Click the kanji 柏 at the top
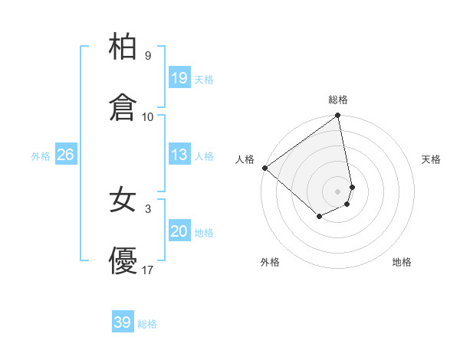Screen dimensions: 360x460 (x=123, y=47)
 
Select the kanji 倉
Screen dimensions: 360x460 (x=123, y=108)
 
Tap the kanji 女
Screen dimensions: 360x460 (x=123, y=201)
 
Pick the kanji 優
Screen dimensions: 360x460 (x=123, y=262)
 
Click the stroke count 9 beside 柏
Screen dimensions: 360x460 (x=147, y=56)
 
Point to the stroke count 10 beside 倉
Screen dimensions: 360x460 (x=148, y=117)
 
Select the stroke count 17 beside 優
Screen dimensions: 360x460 (x=148, y=270)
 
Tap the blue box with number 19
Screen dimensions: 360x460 (x=179, y=78)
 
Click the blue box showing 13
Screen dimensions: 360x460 (x=179, y=155)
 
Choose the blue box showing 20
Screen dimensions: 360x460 (x=179, y=232)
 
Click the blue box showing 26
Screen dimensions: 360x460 (x=65, y=155)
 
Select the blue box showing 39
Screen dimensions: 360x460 (x=123, y=323)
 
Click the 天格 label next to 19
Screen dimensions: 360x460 (x=204, y=80)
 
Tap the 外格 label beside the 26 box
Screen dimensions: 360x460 (x=41, y=156)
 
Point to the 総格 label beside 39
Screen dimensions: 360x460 (x=147, y=324)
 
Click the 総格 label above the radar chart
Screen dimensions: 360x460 (x=338, y=100)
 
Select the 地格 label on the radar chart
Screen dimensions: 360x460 (x=402, y=262)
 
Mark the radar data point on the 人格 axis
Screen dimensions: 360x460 (x=264, y=168)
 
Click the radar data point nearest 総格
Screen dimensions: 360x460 (x=338, y=116)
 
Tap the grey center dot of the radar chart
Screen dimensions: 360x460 (x=338, y=191)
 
